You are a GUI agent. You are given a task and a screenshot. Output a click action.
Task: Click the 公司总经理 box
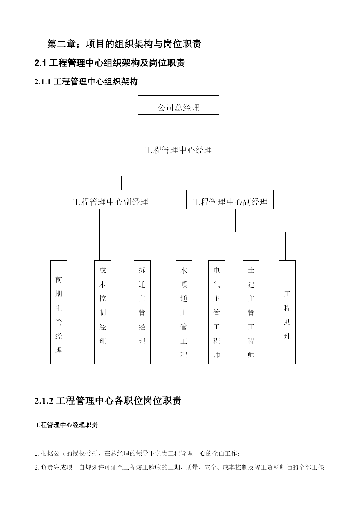pyautogui.click(x=178, y=105)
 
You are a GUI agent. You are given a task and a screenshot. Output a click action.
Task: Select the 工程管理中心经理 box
pyautogui.click(x=178, y=147)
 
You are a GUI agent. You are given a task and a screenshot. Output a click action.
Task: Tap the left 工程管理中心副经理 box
pyautogui.click(x=110, y=199)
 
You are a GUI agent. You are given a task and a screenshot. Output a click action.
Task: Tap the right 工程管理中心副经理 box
pyautogui.click(x=230, y=199)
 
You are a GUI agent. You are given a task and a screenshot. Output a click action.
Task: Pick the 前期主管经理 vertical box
pyautogui.click(x=59, y=312)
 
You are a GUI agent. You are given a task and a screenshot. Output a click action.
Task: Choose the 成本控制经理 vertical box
pyautogui.click(x=102, y=312)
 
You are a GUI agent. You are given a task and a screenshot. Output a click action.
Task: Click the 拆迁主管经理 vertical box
pyautogui.click(x=142, y=312)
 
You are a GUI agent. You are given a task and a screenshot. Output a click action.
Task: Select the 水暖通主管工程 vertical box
pyautogui.click(x=184, y=312)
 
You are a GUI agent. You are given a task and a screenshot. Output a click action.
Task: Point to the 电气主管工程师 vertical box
pyautogui.click(x=216, y=312)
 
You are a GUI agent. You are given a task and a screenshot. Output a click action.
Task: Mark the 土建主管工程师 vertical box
pyautogui.click(x=251, y=312)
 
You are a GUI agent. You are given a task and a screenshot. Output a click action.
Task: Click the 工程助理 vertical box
pyautogui.click(x=287, y=312)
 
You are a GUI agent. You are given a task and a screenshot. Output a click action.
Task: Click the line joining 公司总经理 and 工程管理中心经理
pyautogui.click(x=176, y=126)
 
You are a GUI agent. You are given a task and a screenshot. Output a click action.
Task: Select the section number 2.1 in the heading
pyautogui.click(x=40, y=63)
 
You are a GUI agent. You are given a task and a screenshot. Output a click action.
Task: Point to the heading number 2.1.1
pyautogui.click(x=43, y=82)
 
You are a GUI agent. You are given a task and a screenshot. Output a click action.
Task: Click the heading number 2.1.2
pyautogui.click(x=44, y=401)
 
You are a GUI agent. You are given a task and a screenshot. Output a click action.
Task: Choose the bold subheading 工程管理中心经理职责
pyautogui.click(x=66, y=425)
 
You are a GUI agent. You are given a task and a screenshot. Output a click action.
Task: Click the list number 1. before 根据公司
pyautogui.click(x=37, y=454)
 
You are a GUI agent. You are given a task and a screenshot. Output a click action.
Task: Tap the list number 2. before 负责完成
pyautogui.click(x=37, y=468)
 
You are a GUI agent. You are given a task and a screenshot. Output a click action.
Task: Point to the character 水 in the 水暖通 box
pyautogui.click(x=184, y=270)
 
